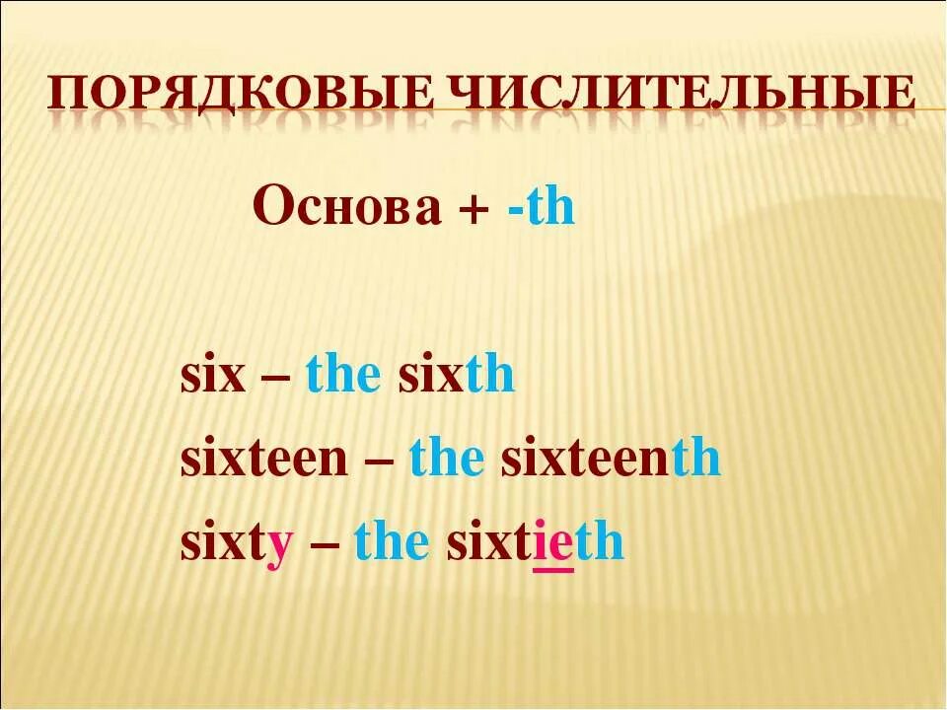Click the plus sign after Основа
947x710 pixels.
pyautogui.click(x=480, y=211)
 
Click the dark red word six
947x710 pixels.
pyautogui.click(x=212, y=377)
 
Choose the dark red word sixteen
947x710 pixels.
pyautogui.click(x=263, y=460)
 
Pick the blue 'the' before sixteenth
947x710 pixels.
pyautogui.click(x=446, y=460)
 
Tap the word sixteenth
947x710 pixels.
pyautogui.click(x=611, y=460)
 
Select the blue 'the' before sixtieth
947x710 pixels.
pyautogui.click(x=391, y=542)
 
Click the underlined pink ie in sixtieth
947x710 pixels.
pyautogui.click(x=553, y=543)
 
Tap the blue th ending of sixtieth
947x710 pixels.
pyautogui.click(x=600, y=542)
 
